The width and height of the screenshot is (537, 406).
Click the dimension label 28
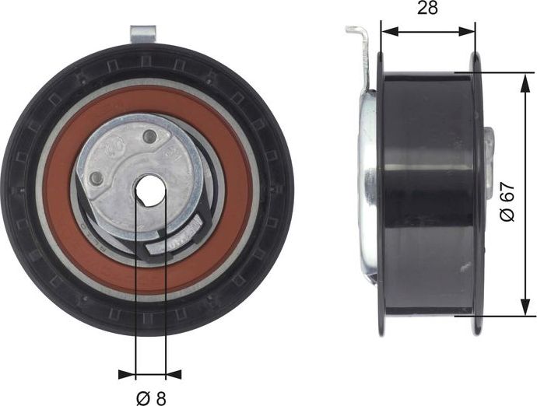[427, 9]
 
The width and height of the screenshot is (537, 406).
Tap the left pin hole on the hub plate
[97, 180]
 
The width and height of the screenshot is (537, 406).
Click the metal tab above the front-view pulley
[144, 35]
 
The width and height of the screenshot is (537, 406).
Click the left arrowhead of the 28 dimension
[386, 32]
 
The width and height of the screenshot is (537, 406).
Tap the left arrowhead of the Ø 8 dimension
[127, 374]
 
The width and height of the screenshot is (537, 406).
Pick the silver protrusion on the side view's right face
[489, 148]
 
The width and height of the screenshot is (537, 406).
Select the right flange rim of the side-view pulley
[476, 194]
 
